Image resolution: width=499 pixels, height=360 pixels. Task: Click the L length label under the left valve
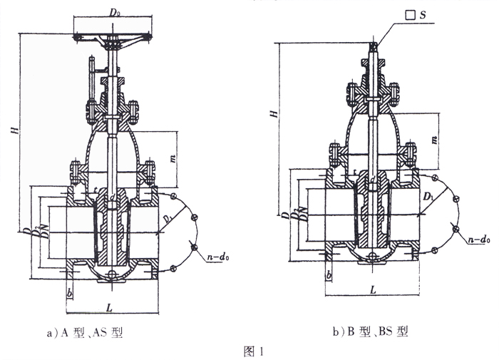tap(109, 307)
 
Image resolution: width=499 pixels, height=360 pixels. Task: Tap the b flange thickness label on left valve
tap(70, 293)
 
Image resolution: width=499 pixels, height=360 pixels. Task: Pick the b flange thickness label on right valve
tap(328, 274)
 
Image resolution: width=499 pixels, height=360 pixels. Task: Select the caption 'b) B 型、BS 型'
tap(369, 331)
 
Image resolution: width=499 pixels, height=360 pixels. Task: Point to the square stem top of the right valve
tap(373, 46)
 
